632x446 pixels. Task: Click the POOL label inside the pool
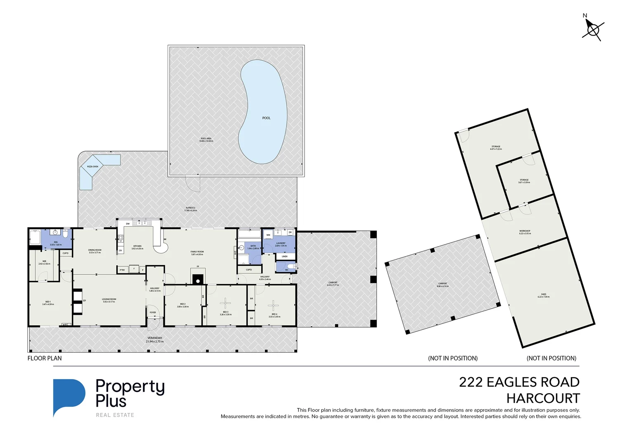[x=266, y=118]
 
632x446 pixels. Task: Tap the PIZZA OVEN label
[x=92, y=166]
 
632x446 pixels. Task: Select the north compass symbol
[x=593, y=29]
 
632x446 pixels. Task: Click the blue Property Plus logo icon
[x=68, y=397]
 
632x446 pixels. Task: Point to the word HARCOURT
[x=543, y=399]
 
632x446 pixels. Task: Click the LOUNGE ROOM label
[x=109, y=299]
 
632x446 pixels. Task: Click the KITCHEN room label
[x=137, y=246]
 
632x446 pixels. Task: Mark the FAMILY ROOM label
[x=197, y=251]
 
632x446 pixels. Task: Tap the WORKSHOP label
[x=525, y=231]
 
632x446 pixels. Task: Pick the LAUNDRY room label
[x=281, y=243]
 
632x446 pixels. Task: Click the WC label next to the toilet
[x=286, y=270]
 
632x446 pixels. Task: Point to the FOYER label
[x=153, y=313]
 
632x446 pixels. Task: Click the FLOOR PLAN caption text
[x=45, y=358]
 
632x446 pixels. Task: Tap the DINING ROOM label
[x=95, y=250]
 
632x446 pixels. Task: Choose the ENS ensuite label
[x=55, y=242]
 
